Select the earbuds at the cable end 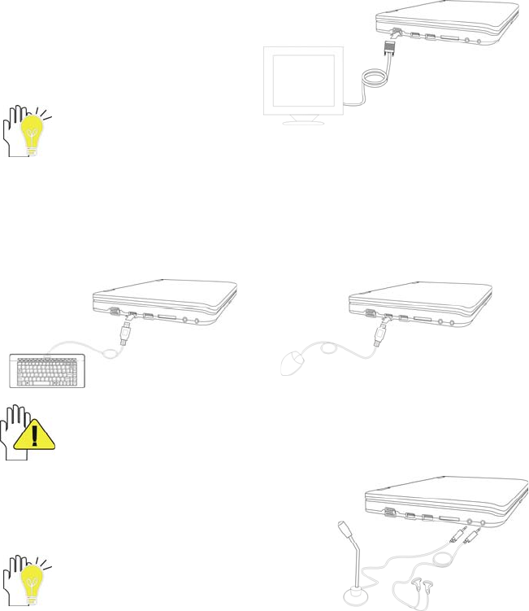[x=414, y=587]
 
